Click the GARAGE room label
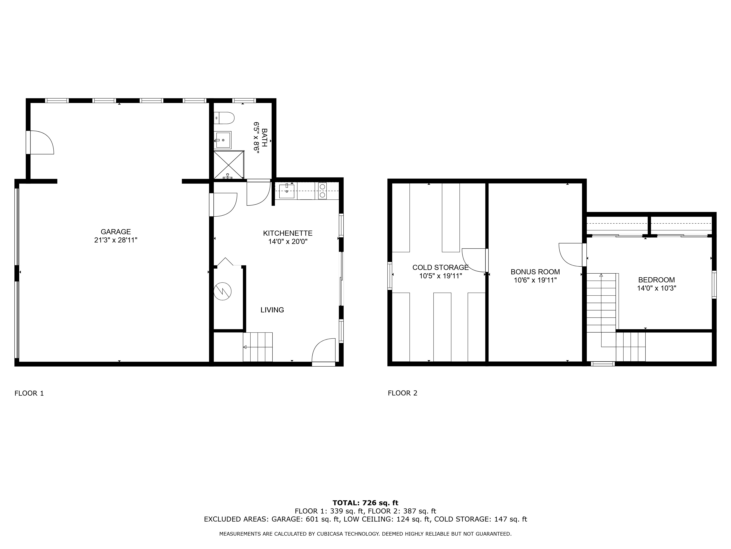pos(116,232)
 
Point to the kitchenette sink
pos(287,191)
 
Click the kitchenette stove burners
pos(322,191)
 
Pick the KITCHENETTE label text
pos(287,233)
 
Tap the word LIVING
pos(272,310)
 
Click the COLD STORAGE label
pos(440,267)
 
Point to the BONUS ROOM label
pos(535,272)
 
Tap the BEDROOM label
pos(656,280)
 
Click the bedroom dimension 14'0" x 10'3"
pos(656,288)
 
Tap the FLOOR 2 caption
pos(403,393)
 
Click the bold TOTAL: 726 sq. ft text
pos(365,503)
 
